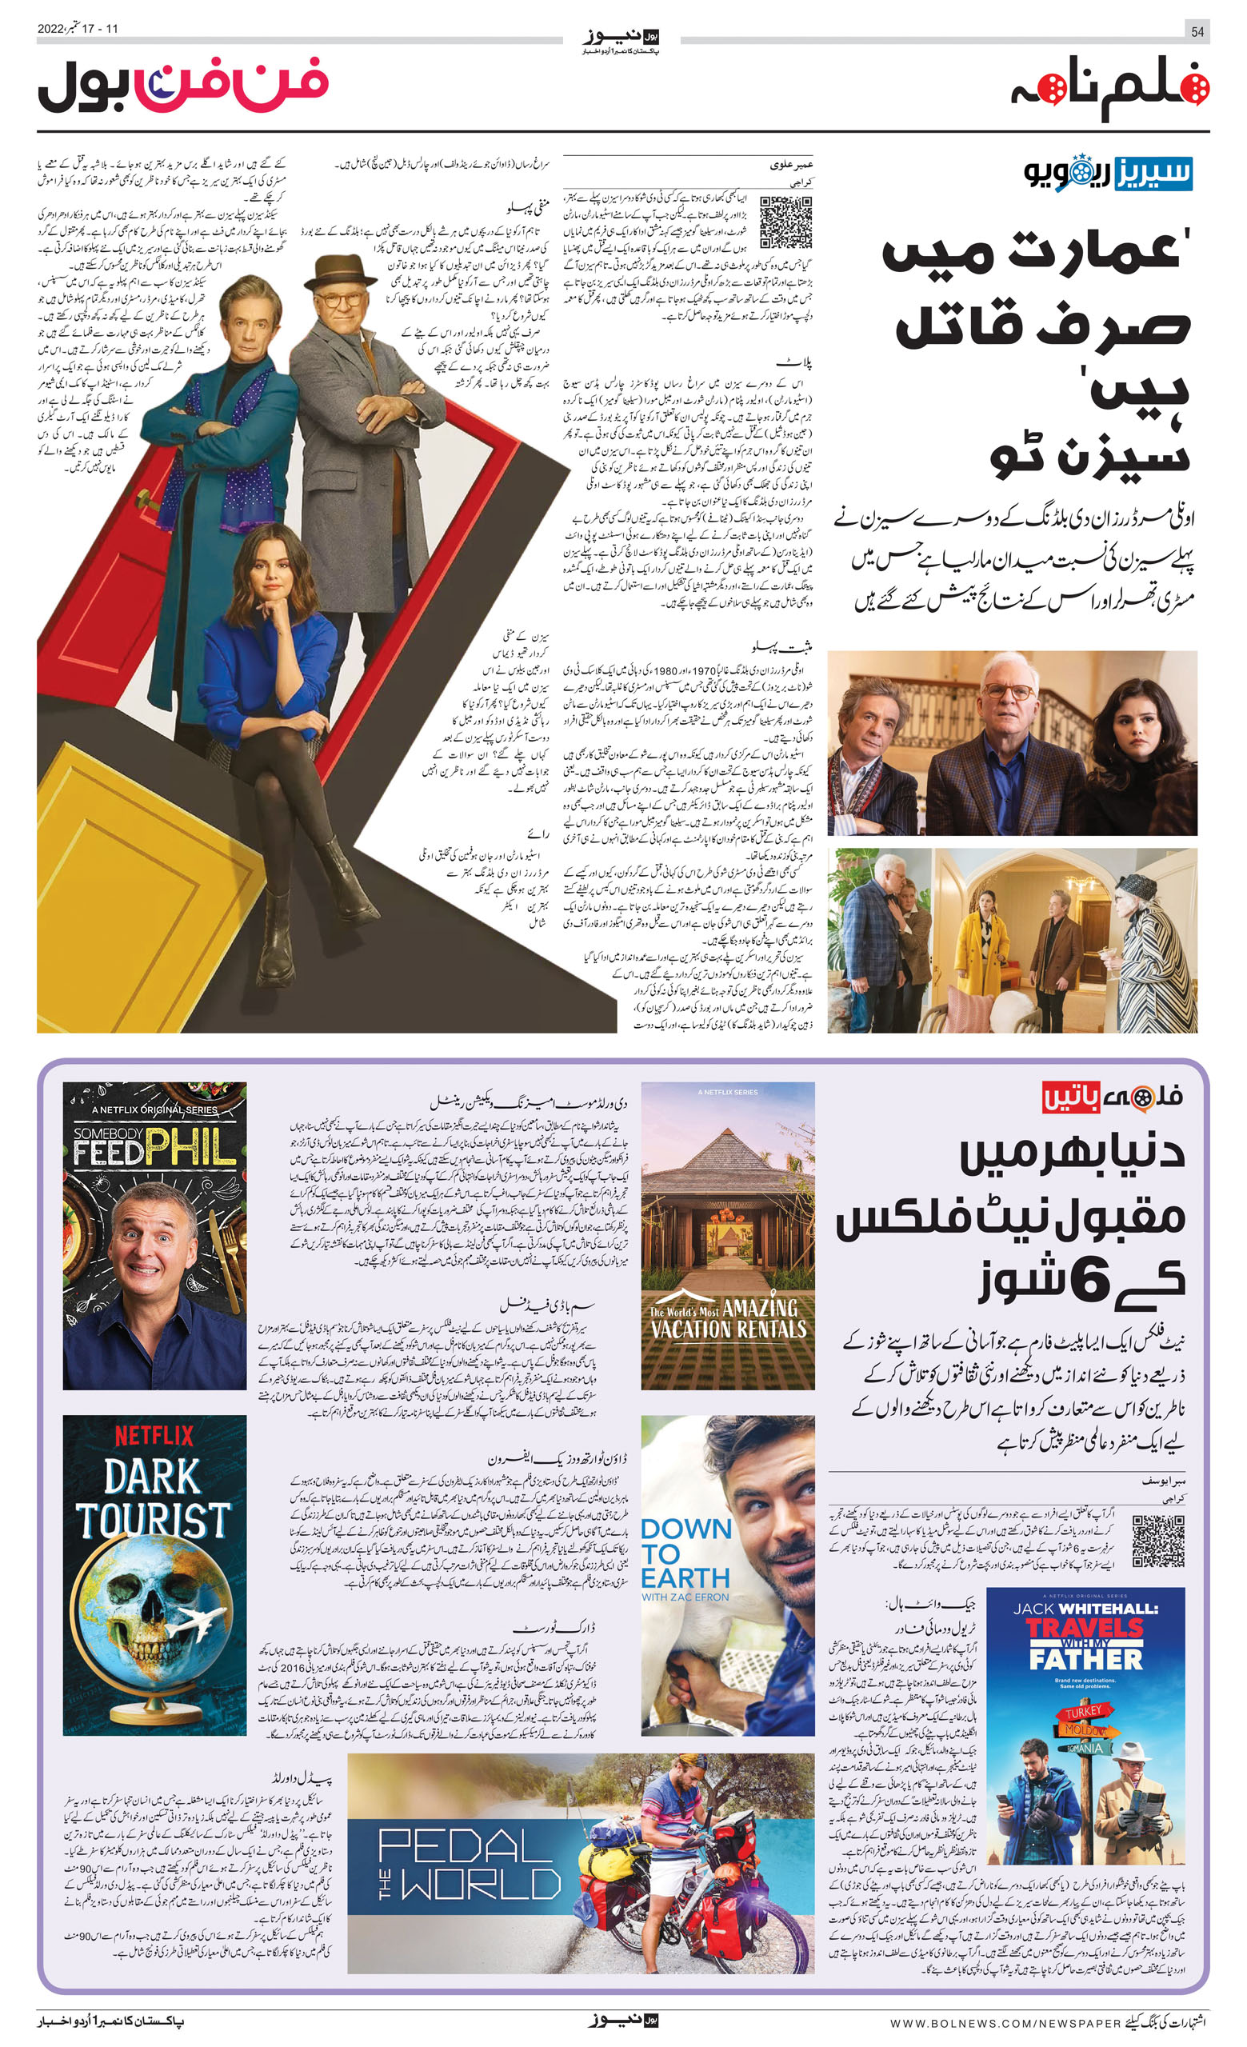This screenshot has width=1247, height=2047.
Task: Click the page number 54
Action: click(x=1197, y=30)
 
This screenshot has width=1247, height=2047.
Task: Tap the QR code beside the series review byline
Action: click(x=785, y=221)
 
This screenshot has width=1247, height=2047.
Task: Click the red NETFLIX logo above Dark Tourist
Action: click(x=154, y=1435)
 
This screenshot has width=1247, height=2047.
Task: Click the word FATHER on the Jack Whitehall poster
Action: click(x=1087, y=1658)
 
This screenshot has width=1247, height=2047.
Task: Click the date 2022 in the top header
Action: click(x=50, y=29)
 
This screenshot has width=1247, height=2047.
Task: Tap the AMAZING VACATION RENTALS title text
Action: click(x=729, y=1318)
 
